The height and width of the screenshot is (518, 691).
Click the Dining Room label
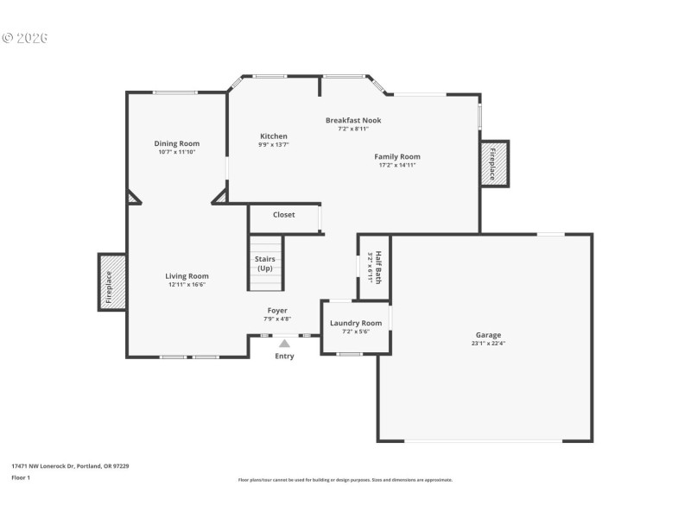177,143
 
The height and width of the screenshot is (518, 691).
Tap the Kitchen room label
274,136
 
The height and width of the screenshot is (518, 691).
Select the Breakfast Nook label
353,120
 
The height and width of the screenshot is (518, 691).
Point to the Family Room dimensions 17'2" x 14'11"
397,165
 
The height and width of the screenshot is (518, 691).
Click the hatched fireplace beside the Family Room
495,162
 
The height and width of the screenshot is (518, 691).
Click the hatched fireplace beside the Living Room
111,281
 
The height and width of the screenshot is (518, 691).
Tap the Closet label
283,215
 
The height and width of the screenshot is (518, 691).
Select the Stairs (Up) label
265,263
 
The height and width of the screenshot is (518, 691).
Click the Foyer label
277,310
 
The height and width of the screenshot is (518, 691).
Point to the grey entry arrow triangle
284,343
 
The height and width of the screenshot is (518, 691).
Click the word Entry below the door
284,356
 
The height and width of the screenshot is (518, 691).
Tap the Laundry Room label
356,323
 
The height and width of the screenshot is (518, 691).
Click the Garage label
488,335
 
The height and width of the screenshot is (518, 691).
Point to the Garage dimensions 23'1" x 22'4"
488,344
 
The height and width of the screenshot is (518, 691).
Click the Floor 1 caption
20,477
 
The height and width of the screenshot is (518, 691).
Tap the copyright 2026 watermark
25,38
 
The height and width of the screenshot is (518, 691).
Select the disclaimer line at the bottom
345,480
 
